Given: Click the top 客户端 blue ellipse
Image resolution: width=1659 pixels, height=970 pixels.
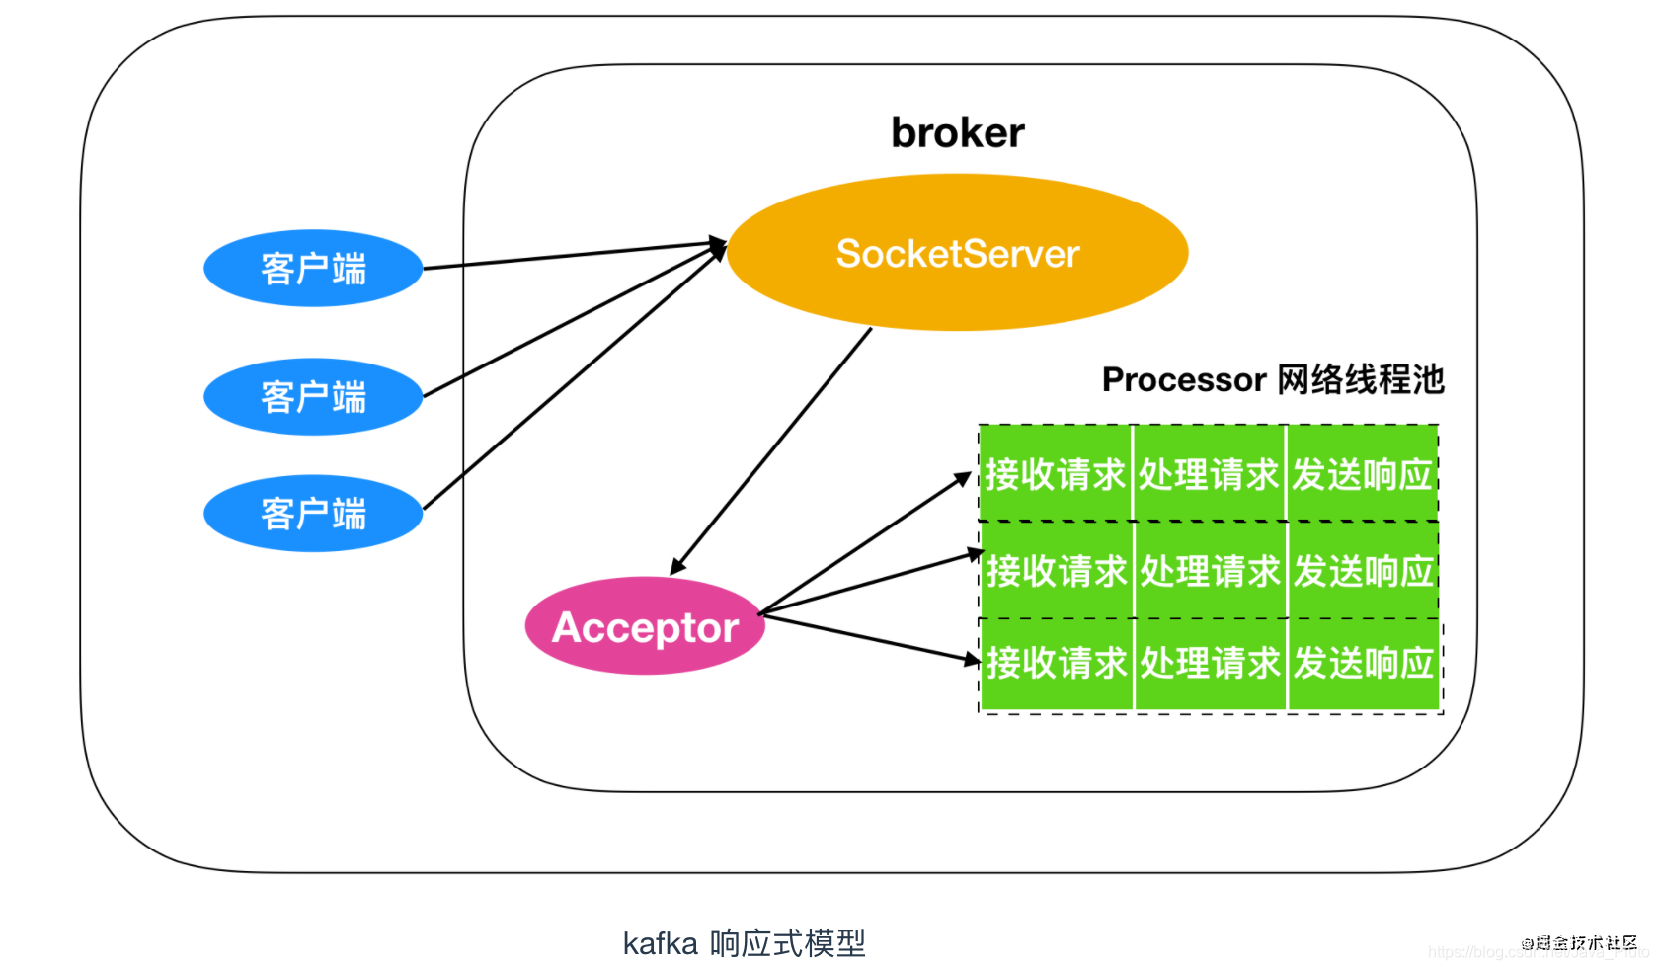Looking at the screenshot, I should (x=313, y=269).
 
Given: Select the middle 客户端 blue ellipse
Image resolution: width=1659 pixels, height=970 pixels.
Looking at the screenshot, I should (x=313, y=397).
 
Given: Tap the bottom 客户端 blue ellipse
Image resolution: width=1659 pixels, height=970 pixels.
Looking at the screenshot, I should (x=313, y=514).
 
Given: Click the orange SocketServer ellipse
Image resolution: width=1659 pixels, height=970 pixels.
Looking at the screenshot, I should (x=957, y=254).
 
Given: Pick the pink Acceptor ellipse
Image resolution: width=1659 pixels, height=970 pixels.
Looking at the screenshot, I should (x=645, y=627).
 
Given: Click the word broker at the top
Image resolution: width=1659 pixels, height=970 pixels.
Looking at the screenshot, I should (x=957, y=133).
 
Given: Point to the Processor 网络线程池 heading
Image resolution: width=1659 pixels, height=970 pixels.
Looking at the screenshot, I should (x=1272, y=379).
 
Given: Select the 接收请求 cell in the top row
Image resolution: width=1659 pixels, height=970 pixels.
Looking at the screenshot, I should (x=1055, y=475).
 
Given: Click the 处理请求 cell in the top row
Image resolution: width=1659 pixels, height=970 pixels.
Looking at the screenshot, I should (x=1209, y=475).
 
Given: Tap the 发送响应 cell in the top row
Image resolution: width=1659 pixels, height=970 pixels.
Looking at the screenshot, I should (x=1363, y=475).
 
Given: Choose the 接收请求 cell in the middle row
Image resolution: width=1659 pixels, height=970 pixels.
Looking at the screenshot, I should (x=1056, y=571).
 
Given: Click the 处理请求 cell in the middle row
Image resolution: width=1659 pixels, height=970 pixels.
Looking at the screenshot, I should (x=1210, y=571).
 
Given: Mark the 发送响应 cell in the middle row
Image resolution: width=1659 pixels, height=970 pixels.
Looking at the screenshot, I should (x=1364, y=571).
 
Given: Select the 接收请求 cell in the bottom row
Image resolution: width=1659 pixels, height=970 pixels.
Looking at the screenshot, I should (x=1056, y=663).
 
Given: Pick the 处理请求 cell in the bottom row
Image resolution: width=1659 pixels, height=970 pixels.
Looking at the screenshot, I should (x=1210, y=663).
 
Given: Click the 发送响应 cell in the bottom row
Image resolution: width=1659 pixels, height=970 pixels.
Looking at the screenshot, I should (x=1364, y=663).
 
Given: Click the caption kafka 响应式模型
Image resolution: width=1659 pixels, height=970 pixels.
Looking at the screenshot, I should (x=744, y=943).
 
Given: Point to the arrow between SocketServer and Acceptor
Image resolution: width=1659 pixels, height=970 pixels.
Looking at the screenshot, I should (x=772, y=449).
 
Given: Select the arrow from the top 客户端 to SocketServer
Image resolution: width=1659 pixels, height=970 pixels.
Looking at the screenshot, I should (x=573, y=255).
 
